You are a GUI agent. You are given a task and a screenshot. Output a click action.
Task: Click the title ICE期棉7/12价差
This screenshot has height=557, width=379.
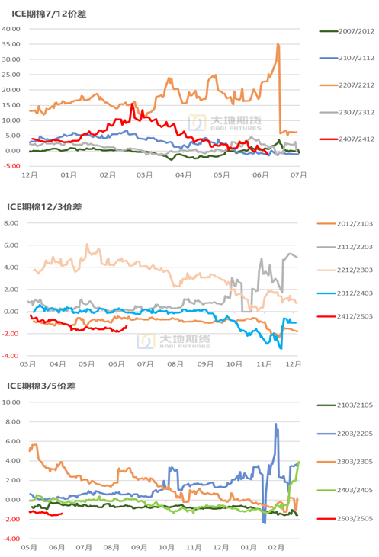(48, 12)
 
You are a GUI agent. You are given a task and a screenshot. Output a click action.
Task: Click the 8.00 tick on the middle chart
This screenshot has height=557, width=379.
(14, 223)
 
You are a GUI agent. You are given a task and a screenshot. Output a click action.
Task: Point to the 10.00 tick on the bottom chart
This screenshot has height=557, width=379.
(14, 402)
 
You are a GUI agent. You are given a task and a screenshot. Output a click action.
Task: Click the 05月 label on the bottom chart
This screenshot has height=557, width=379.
(30, 548)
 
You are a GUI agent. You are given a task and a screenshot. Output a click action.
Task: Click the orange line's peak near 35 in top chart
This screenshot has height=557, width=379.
(278, 44)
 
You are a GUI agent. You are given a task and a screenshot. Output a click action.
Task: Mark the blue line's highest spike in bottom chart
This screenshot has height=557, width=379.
(275, 424)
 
